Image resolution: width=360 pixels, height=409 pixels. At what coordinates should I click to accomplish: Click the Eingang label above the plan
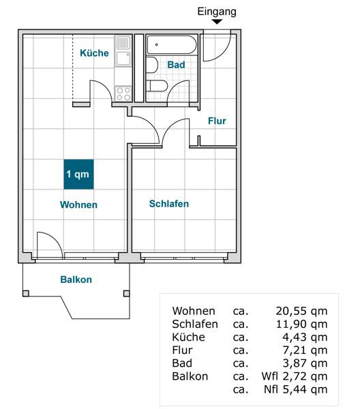(x=217, y=11)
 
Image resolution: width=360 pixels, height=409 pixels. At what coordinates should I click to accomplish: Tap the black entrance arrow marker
(x=217, y=22)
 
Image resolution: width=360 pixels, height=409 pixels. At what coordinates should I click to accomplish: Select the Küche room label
(x=94, y=53)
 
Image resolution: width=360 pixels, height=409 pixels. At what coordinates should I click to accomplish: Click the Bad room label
(x=176, y=65)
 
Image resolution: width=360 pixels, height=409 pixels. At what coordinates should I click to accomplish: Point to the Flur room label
(x=217, y=121)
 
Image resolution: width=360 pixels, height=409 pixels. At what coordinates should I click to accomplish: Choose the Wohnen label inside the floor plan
(x=78, y=204)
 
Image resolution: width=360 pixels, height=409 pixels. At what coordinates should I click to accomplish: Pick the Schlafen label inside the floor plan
(x=169, y=204)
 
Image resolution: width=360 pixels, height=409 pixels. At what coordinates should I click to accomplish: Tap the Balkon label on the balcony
(x=76, y=279)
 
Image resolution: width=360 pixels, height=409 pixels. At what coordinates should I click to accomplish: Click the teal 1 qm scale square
(x=78, y=175)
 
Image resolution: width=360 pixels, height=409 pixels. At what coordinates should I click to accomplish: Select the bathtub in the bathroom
(x=171, y=46)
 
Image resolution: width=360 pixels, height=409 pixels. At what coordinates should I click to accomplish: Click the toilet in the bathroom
(x=157, y=87)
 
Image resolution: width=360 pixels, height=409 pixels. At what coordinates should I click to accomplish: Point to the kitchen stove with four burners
(x=123, y=93)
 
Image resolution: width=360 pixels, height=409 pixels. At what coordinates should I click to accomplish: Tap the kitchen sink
(x=123, y=44)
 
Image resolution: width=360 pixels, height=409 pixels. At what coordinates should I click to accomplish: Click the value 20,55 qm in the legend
(x=301, y=311)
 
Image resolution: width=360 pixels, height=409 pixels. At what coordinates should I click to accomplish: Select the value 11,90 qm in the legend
(x=301, y=324)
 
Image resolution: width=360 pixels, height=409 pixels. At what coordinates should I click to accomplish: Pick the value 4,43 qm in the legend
(x=305, y=337)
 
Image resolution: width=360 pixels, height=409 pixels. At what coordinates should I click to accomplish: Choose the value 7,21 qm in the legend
(x=305, y=350)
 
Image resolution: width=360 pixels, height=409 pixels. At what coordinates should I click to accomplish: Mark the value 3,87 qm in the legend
(x=305, y=363)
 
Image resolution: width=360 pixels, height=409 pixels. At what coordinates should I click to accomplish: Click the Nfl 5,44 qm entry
(x=295, y=389)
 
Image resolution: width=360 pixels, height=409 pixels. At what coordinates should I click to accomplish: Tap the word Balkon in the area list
(x=190, y=376)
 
